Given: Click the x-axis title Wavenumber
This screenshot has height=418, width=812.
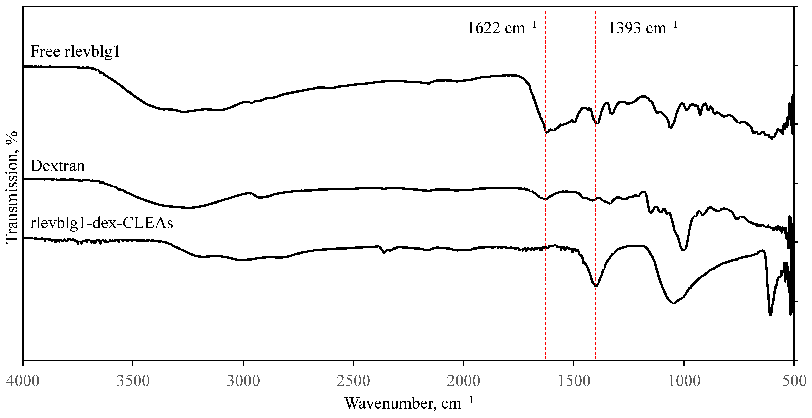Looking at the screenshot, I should [409, 403].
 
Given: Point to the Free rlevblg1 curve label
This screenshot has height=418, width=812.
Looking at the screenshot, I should [75, 51].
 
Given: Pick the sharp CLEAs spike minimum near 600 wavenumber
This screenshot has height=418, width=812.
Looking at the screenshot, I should [770, 315].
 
